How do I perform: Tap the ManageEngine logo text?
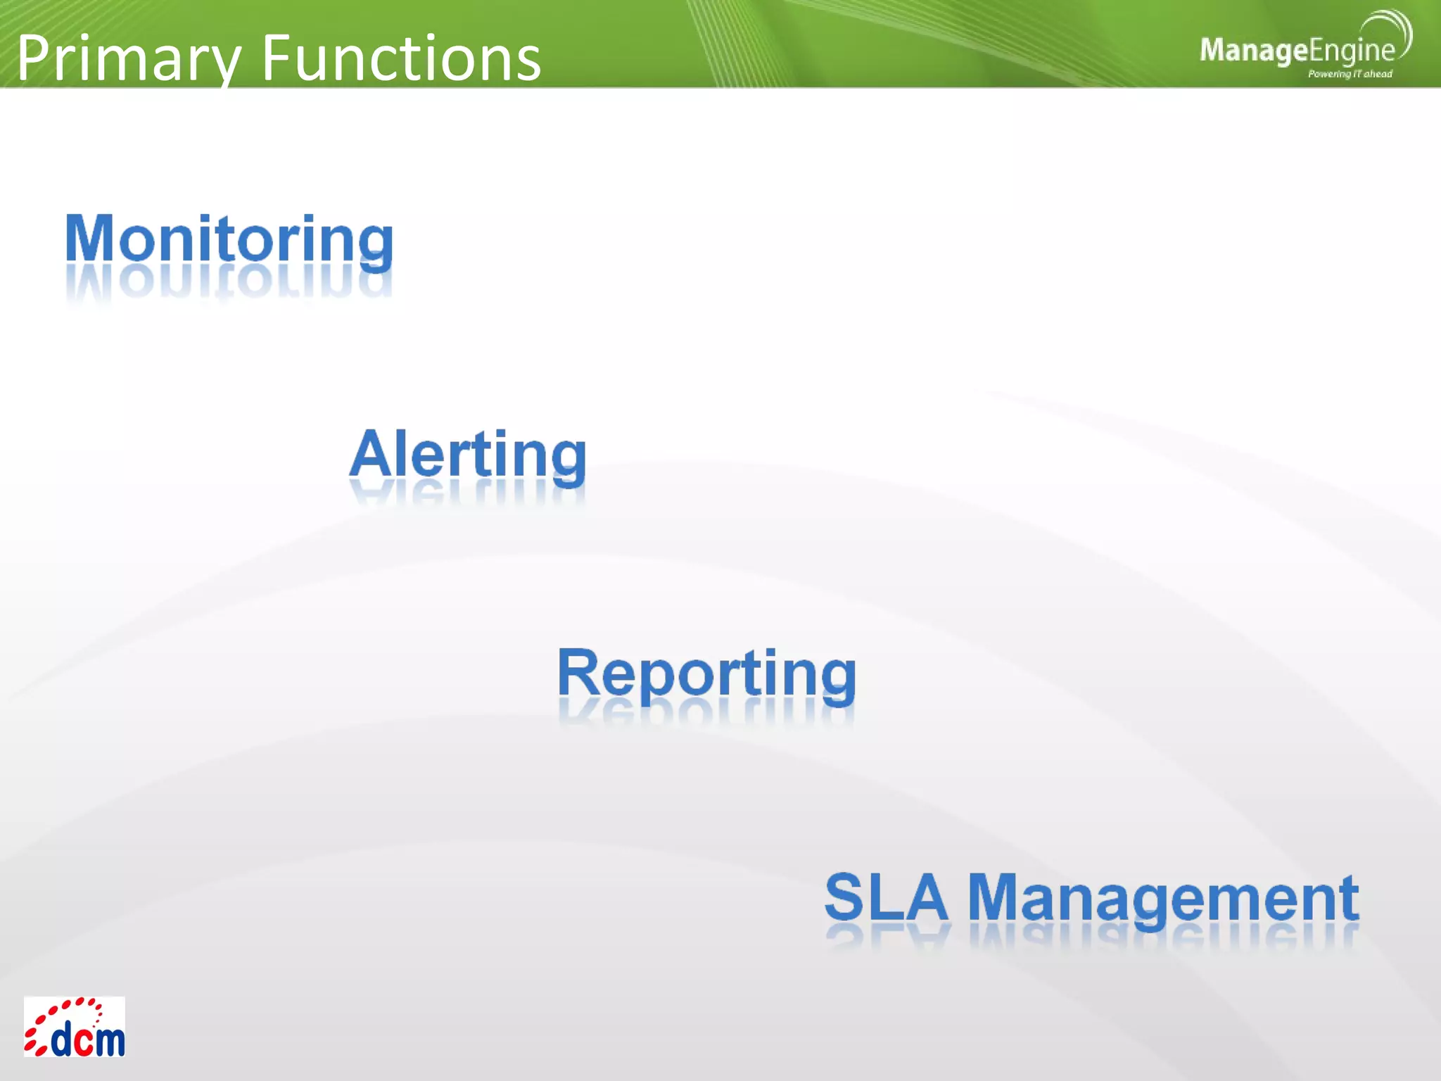click(1296, 51)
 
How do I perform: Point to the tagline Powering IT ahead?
click(1350, 74)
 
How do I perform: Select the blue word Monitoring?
click(229, 239)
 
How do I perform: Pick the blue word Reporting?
click(706, 674)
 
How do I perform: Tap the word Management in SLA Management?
click(1162, 899)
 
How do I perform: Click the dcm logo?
click(75, 1027)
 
